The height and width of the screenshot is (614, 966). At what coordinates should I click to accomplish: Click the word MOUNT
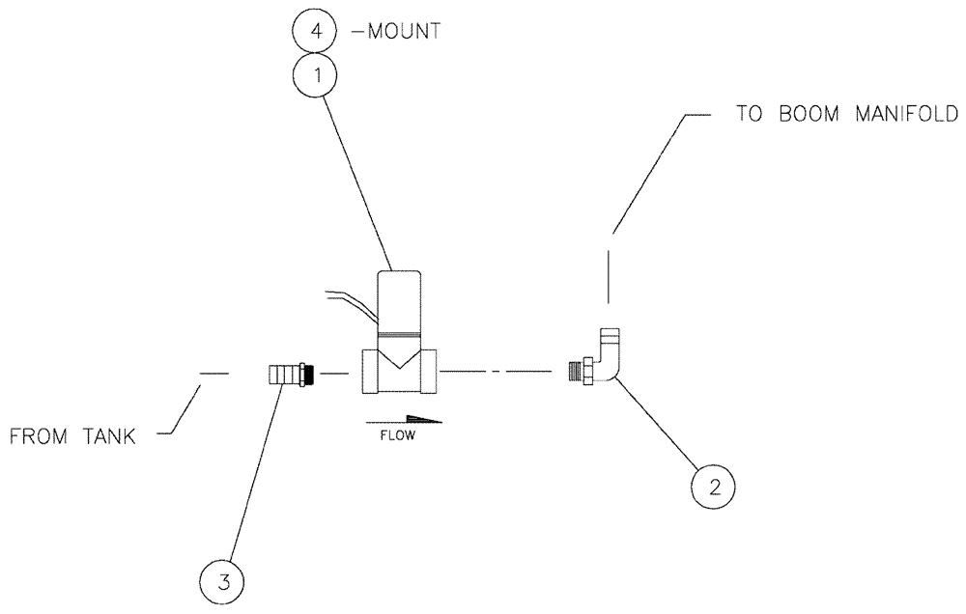[400, 31]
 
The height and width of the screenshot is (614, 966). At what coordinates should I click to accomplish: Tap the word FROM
[40, 437]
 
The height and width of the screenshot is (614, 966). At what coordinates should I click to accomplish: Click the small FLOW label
[395, 435]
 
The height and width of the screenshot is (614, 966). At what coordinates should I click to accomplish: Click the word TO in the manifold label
[750, 113]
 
